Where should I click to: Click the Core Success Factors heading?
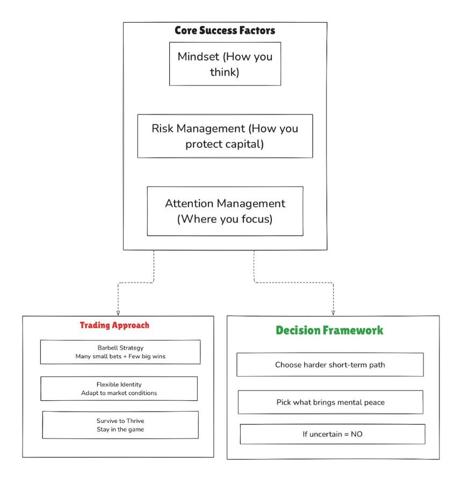click(225, 30)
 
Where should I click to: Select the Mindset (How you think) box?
click(225, 64)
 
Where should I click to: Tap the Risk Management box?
click(225, 136)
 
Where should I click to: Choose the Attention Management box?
click(225, 211)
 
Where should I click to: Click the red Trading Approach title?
click(114, 325)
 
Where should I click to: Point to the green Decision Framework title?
click(329, 330)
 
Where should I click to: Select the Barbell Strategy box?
click(120, 352)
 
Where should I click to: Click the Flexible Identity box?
click(119, 388)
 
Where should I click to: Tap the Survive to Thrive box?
click(120, 425)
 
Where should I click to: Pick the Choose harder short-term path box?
click(330, 364)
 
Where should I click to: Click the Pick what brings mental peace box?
click(330, 402)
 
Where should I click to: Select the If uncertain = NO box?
click(333, 434)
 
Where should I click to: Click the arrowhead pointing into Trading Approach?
click(118, 313)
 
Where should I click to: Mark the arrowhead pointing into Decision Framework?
click(333, 313)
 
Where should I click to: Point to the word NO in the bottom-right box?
click(357, 434)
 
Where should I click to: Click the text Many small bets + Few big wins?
click(120, 356)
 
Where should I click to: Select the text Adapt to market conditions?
click(119, 393)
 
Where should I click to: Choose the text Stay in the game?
click(120, 429)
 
